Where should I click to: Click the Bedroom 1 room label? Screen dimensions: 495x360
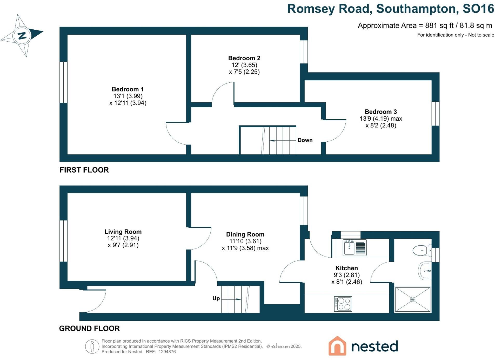pos(128,89)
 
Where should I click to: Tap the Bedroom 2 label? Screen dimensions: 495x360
pos(244,58)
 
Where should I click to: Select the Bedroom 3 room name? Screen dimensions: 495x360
pos(381,112)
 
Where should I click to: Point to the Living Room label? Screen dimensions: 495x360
pos(123,232)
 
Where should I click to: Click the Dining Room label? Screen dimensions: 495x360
pos(245,234)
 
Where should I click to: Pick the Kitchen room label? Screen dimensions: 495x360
pos(346,268)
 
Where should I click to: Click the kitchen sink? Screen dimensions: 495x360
pos(349,248)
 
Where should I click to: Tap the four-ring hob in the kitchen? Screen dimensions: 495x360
pos(343,304)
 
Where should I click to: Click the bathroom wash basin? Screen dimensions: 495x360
pos(425,271)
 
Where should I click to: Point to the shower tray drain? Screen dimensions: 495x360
pos(413,299)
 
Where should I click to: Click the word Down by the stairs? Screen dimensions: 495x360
pos(305,140)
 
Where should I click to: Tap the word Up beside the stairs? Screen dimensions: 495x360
pos(216,298)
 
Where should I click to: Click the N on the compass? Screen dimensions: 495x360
pos(22,35)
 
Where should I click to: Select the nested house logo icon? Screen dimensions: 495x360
pos(337,346)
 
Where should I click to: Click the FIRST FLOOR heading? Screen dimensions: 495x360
pos(84,170)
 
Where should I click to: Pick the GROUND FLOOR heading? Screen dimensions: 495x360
pos(89,329)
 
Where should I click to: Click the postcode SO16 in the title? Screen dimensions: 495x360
pos(478,9)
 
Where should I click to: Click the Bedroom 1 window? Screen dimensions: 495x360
pos(63,82)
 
